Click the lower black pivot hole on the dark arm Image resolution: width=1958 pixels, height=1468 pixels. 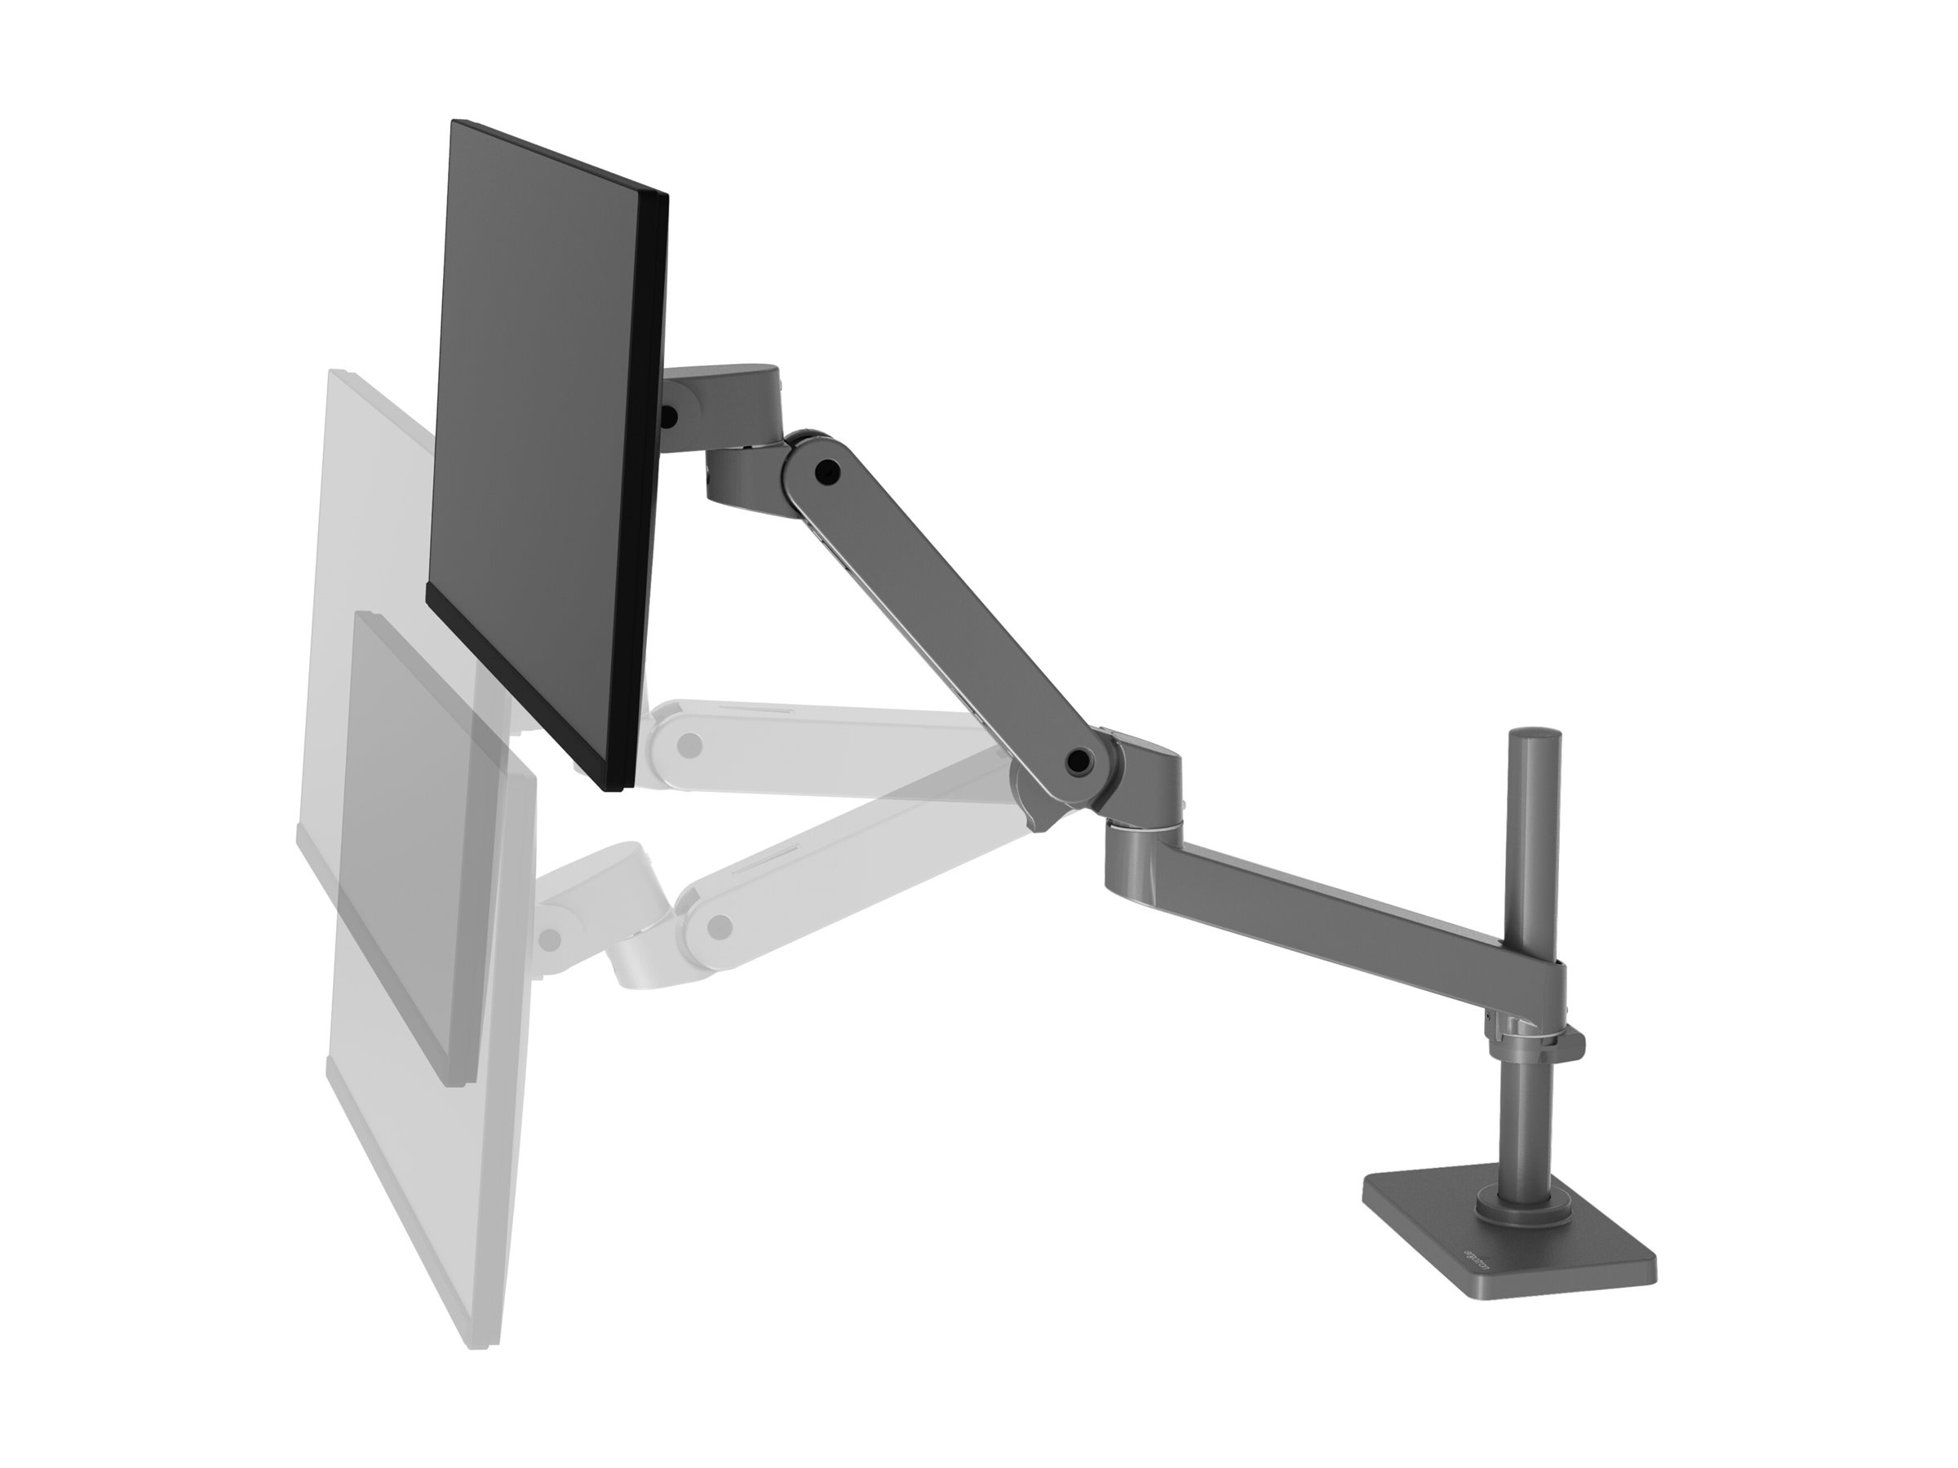coord(1079,758)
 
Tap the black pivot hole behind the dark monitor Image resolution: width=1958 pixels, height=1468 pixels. coord(668,415)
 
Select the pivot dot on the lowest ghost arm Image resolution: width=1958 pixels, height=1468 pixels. coord(722,926)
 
